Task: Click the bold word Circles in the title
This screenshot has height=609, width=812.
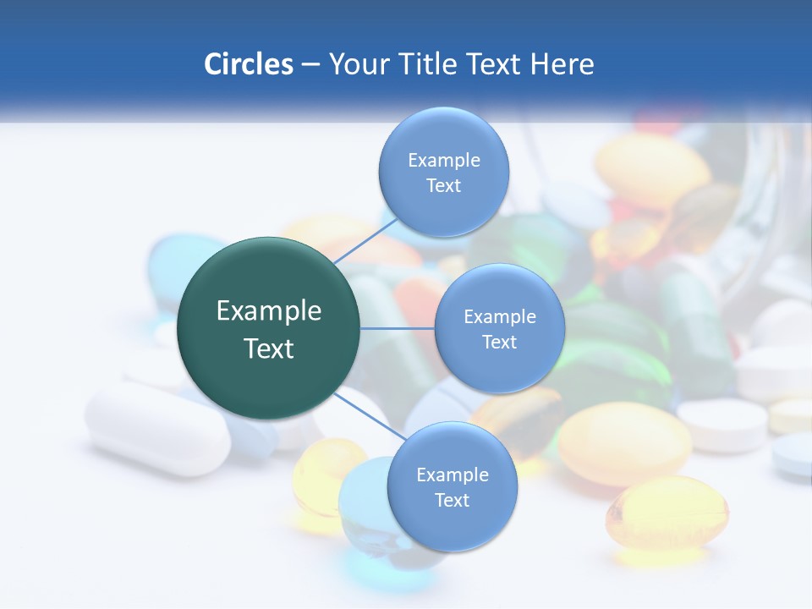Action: (x=248, y=63)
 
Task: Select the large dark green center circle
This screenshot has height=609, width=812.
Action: (x=268, y=329)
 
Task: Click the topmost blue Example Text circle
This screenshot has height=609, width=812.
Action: (x=443, y=173)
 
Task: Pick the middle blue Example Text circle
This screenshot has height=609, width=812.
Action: (x=499, y=329)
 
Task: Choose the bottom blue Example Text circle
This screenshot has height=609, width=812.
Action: (x=452, y=487)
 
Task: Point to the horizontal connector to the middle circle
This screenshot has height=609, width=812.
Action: (x=398, y=328)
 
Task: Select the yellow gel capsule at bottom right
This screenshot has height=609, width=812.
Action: (x=667, y=512)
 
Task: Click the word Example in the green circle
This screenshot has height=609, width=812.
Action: (x=268, y=310)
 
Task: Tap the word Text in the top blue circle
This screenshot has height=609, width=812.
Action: (x=443, y=186)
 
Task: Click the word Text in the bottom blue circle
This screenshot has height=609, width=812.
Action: (x=452, y=501)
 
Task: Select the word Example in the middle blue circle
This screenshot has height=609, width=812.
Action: (x=499, y=316)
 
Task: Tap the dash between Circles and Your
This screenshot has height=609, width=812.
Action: (x=310, y=65)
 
